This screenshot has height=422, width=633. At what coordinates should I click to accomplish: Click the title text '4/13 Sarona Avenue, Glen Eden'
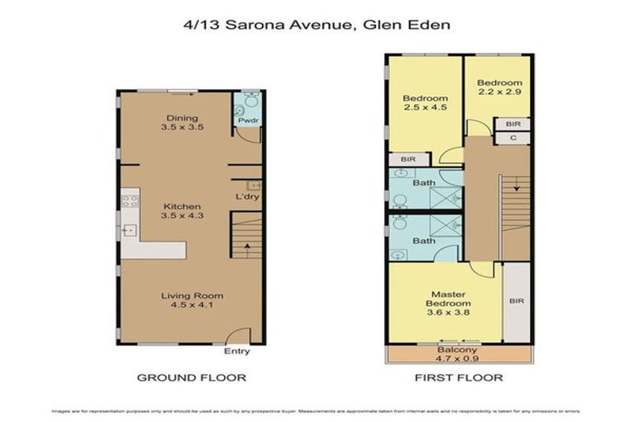click(x=316, y=25)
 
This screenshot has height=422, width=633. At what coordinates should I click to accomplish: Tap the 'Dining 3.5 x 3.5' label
click(x=181, y=123)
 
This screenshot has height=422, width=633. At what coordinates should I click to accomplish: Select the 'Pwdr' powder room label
click(x=247, y=121)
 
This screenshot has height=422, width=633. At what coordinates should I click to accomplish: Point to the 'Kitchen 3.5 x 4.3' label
click(x=181, y=210)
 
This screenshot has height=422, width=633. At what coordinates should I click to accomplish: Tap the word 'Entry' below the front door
click(x=237, y=351)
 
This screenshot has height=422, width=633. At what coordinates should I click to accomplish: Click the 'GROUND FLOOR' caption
click(x=191, y=377)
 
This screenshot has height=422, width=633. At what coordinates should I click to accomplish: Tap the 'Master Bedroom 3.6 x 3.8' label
click(x=445, y=303)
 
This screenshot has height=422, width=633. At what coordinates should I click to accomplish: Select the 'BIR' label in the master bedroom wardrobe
click(x=517, y=302)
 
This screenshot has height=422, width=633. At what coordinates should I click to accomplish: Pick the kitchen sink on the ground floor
click(x=129, y=230)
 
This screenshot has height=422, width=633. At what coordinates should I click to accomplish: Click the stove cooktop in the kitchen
click(x=129, y=199)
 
